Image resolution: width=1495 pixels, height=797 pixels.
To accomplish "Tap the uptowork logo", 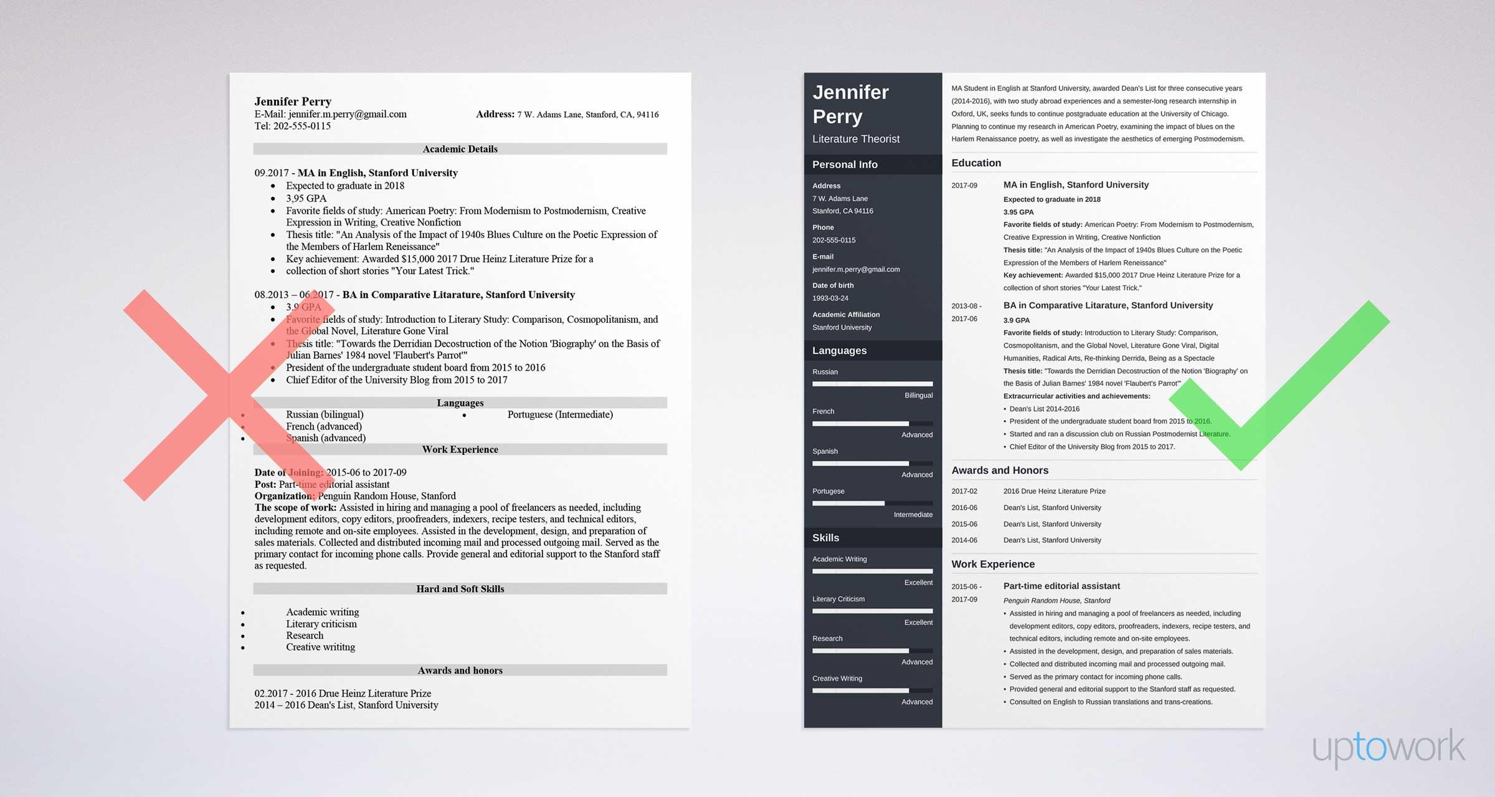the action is click(1388, 747).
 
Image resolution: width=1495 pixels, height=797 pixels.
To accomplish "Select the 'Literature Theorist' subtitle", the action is click(856, 139).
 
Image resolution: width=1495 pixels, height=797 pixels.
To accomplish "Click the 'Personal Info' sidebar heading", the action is click(845, 165).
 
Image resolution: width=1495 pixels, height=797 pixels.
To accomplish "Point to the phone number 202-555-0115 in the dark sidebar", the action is click(833, 241).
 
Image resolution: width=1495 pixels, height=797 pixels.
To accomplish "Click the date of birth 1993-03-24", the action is click(830, 298).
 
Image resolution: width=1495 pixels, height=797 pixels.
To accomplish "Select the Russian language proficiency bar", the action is click(872, 384).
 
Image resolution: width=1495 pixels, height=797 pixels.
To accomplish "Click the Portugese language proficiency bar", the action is click(872, 503).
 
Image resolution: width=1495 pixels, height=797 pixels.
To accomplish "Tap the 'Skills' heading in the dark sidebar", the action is click(825, 538).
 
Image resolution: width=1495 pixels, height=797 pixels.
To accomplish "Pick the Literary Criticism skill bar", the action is click(872, 611).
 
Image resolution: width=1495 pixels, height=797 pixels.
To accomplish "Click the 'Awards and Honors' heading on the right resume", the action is click(999, 470).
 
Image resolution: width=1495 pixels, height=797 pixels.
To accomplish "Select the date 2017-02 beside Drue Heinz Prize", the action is click(964, 492).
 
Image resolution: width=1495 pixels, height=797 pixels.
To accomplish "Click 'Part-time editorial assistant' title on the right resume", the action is click(1061, 586).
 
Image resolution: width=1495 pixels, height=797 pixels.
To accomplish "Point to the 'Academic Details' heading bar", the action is click(460, 149).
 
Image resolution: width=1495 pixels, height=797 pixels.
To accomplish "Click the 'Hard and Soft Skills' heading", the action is click(460, 589).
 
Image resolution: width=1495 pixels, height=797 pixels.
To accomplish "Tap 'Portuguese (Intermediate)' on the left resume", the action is click(559, 414).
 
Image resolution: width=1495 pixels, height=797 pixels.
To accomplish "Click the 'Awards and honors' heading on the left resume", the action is click(460, 671).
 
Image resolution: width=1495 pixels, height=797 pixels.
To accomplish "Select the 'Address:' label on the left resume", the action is click(495, 114).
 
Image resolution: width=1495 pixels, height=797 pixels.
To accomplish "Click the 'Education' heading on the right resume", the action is click(976, 163).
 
